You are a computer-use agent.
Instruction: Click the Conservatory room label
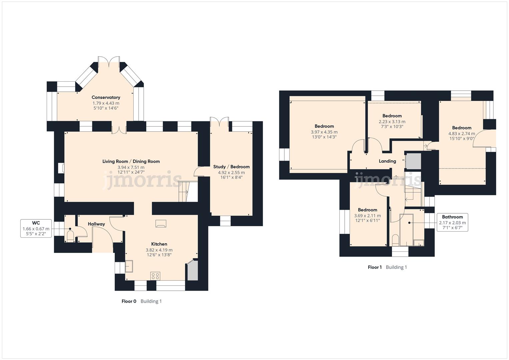coord(106,97)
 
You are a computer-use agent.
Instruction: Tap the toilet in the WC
coord(70,236)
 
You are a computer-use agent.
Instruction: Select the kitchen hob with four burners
coord(155,276)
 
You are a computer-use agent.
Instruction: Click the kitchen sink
coord(129,266)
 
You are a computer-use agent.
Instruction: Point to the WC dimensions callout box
coord(36,228)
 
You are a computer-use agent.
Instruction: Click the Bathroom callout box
coord(452,222)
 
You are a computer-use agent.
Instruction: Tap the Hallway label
coord(96,224)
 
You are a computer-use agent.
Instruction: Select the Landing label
coord(387,161)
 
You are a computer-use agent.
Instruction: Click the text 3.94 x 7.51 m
coord(131,167)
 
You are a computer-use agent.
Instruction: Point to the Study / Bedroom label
coord(231,167)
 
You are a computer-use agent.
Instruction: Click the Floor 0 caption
coord(129,301)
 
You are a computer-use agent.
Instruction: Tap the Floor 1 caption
coord(375,267)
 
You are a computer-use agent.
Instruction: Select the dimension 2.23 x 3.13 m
coord(392,122)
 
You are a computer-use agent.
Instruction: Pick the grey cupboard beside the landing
coord(413,161)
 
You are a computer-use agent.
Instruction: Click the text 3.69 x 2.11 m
coord(367,216)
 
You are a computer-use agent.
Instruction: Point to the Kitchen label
coord(159,244)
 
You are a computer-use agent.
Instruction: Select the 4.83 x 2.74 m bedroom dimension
coord(462,134)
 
